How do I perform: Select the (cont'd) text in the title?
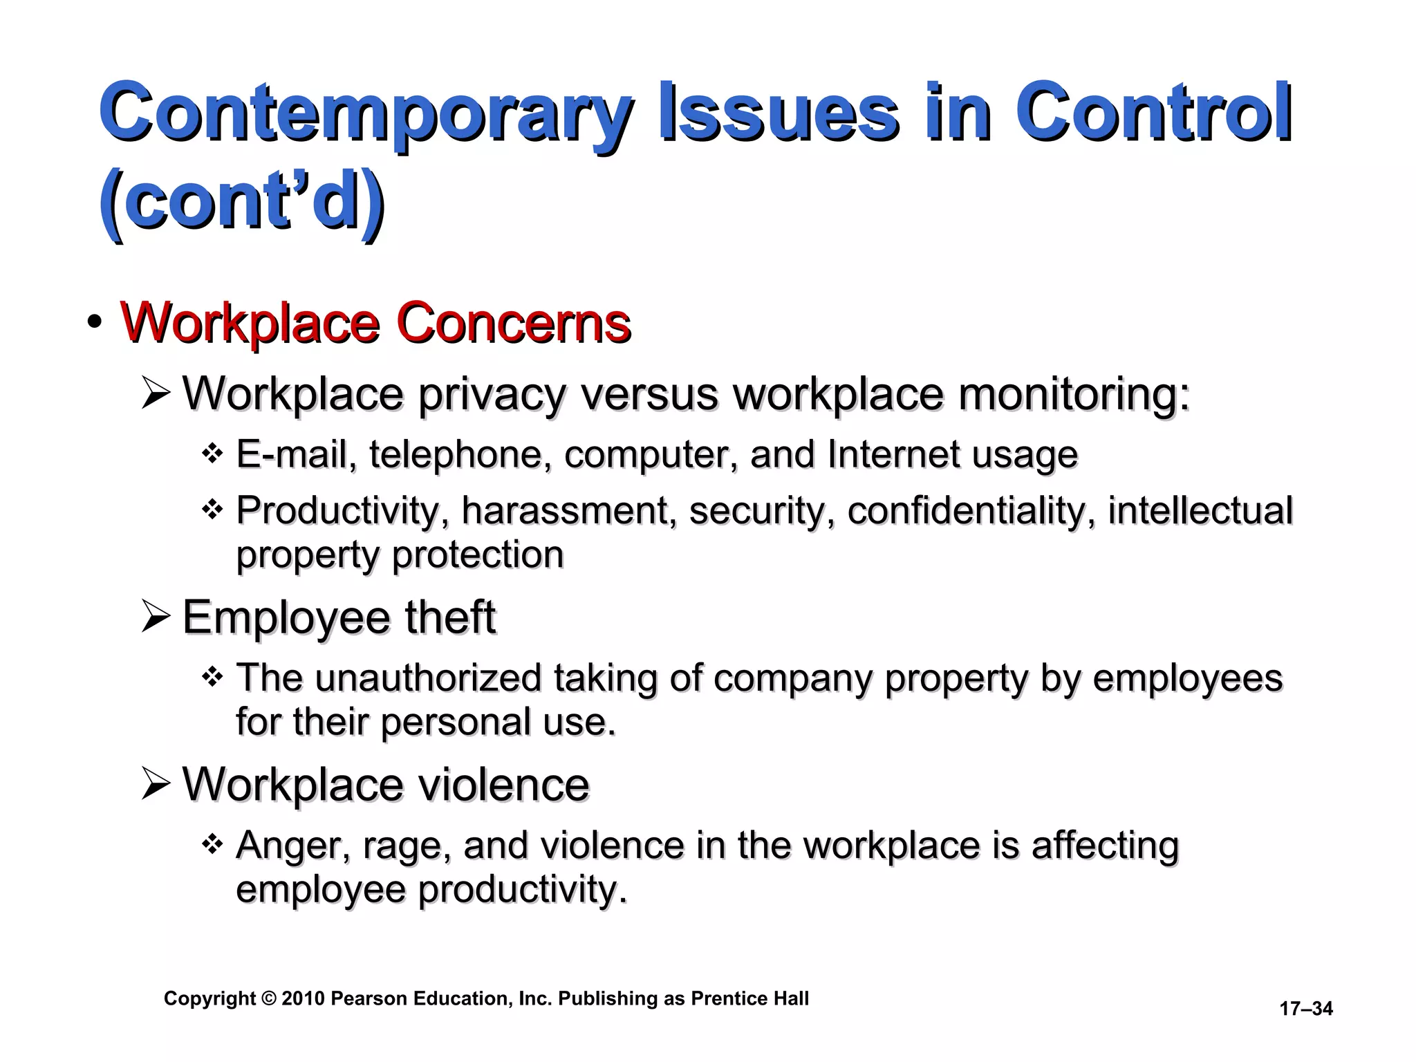tap(242, 202)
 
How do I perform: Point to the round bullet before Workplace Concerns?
tap(95, 323)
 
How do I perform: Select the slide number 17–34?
tap(1305, 1009)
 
